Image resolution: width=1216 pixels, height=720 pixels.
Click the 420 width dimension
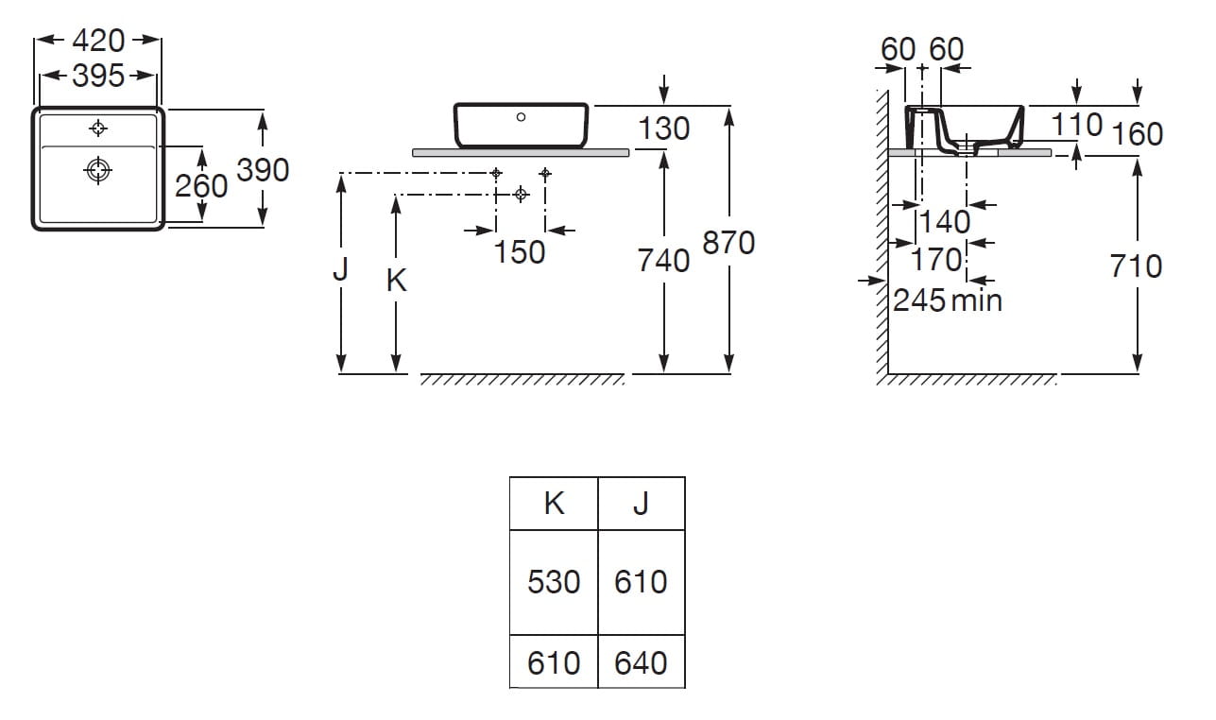(98, 41)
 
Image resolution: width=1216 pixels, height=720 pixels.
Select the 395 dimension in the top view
(98, 76)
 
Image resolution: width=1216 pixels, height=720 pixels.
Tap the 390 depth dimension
(263, 170)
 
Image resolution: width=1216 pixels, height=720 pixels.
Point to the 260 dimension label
(201, 185)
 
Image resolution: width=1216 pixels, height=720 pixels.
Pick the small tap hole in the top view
(98, 128)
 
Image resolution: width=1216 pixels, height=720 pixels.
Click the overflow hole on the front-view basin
(521, 117)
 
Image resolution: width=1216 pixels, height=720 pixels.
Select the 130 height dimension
(663, 129)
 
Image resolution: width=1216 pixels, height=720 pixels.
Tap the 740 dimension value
(663, 260)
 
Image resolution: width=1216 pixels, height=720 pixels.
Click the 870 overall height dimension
(728, 243)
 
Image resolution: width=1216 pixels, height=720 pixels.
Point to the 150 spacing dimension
(520, 252)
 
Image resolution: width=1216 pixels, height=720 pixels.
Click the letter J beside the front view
(341, 270)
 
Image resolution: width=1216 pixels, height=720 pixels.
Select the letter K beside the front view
(397, 280)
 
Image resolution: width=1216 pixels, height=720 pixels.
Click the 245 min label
(948, 300)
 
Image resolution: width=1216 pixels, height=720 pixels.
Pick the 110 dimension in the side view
(1077, 124)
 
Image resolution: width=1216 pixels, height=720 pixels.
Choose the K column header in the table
(554, 504)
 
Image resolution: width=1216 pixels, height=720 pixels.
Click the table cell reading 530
(554, 582)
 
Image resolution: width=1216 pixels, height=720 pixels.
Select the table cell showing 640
(641, 662)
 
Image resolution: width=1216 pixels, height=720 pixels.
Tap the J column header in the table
(641, 504)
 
